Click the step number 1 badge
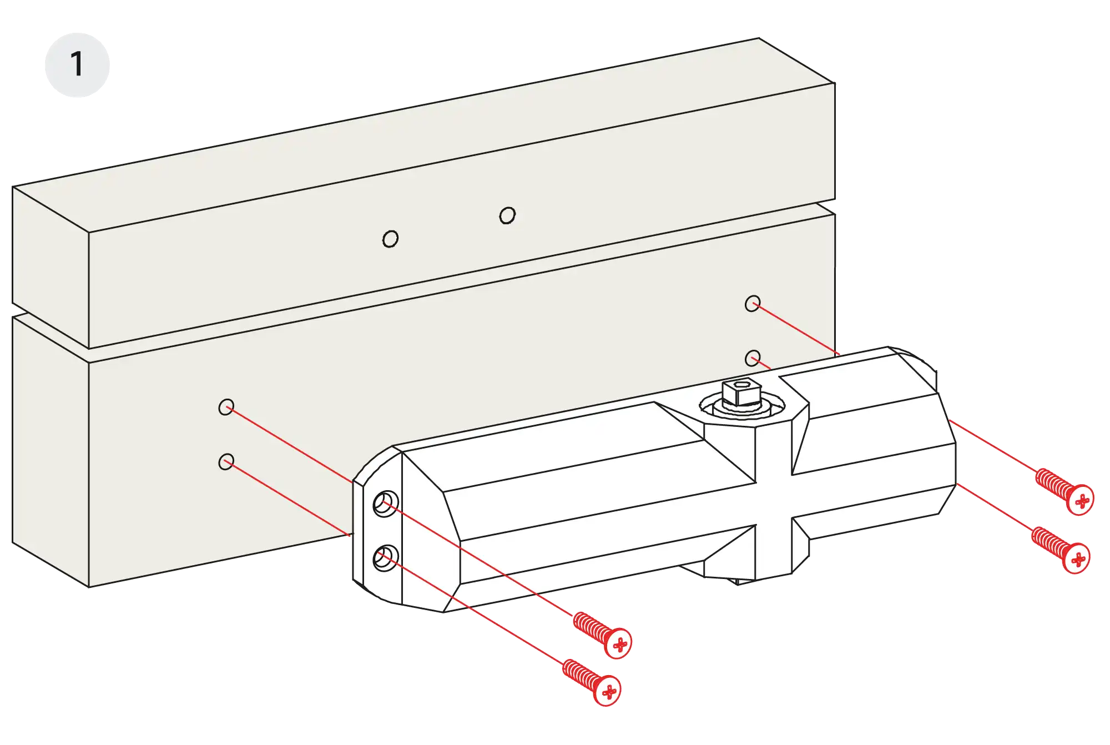coord(77,64)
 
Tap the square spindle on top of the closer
coord(740,392)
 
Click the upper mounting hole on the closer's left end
coord(385,504)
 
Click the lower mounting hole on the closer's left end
coord(385,558)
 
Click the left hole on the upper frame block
coord(390,239)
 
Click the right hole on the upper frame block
coord(507,215)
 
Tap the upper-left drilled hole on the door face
coord(226,407)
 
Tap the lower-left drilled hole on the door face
coord(226,461)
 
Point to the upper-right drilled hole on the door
coord(753,304)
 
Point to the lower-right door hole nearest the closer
coord(753,358)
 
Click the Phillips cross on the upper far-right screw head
coord(1082,501)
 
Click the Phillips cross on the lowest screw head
coord(609,692)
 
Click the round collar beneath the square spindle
coord(741,408)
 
